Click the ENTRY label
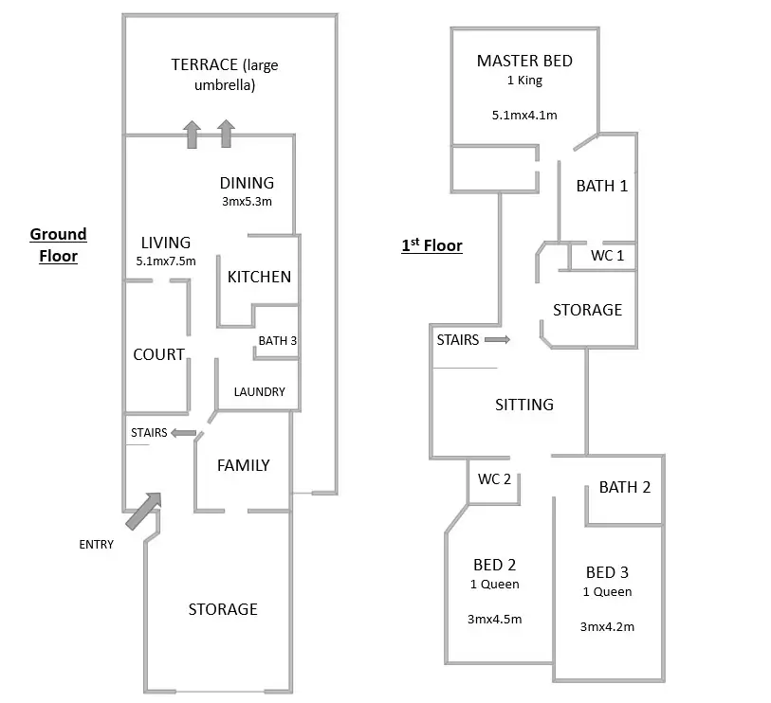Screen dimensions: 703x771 pyautogui.click(x=96, y=545)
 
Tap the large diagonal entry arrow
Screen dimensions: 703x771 pyautogui.click(x=143, y=511)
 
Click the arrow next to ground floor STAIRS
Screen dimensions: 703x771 pyautogui.click(x=184, y=433)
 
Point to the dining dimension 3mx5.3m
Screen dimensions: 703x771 pyautogui.click(x=247, y=201)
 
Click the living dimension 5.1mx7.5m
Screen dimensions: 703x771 pyautogui.click(x=167, y=261)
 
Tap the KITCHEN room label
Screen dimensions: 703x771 pyautogui.click(x=259, y=277)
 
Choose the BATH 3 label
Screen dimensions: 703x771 pyautogui.click(x=278, y=340)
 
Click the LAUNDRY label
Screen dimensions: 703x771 pyautogui.click(x=260, y=391)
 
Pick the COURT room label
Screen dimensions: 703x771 pyautogui.click(x=158, y=354)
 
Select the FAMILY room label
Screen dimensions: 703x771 pyautogui.click(x=243, y=465)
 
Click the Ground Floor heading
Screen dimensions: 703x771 pyautogui.click(x=58, y=244)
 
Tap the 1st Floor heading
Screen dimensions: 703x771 pyautogui.click(x=431, y=246)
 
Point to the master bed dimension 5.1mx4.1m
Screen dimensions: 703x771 pyautogui.click(x=523, y=115)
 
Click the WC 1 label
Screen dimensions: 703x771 pyautogui.click(x=607, y=256)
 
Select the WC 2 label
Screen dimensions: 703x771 pyautogui.click(x=494, y=479)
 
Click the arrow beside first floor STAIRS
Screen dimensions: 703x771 pyautogui.click(x=497, y=339)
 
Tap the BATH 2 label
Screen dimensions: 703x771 pyautogui.click(x=625, y=488)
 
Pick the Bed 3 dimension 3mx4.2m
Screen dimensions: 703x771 pyautogui.click(x=607, y=626)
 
